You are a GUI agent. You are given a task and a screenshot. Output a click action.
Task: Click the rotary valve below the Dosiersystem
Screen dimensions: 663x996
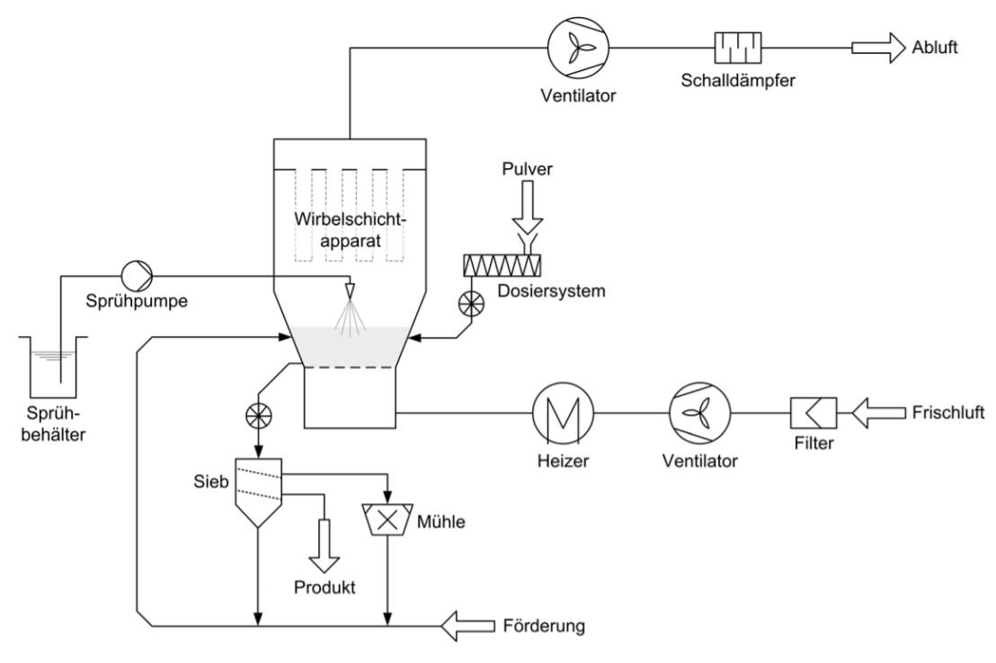pos(468,303)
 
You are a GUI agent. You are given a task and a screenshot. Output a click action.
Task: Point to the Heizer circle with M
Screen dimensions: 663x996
pos(561,413)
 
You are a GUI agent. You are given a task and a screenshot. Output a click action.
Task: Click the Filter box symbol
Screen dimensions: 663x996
pos(814,413)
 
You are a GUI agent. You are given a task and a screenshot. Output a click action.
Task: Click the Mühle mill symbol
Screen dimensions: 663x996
pos(387,519)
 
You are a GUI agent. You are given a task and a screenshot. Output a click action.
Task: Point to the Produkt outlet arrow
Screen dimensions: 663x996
pos(322,549)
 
